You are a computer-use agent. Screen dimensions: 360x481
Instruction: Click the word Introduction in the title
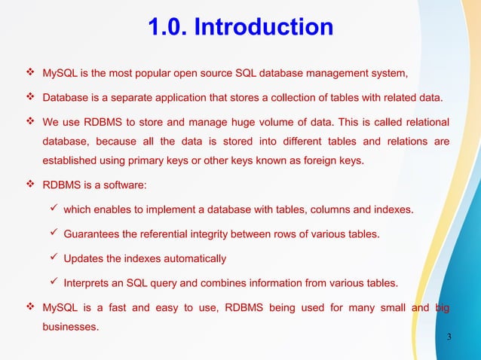tap(264, 28)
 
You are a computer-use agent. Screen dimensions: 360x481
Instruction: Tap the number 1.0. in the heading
tap(167, 28)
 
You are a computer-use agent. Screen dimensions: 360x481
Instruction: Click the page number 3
tap(449, 336)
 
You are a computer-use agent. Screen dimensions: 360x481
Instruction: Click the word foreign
tap(317, 160)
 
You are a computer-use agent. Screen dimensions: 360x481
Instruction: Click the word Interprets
tap(89, 283)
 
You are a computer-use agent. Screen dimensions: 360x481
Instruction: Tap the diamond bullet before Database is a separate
tap(31, 97)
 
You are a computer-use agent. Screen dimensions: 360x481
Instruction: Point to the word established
tap(71, 160)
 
